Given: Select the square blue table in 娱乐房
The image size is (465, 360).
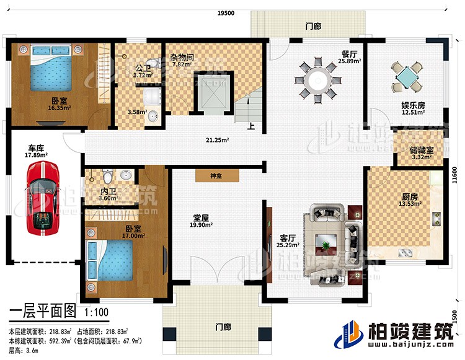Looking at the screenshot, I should coord(407,79).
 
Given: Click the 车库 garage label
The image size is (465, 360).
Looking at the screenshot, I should coord(35,149).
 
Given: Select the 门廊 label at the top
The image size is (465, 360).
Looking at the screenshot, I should coord(314,27).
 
